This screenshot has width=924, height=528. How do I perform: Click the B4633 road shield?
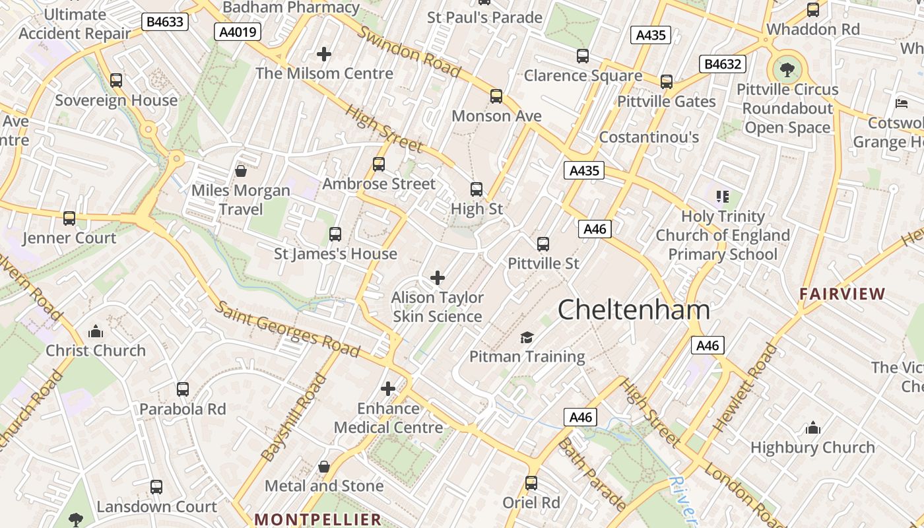click(x=165, y=22)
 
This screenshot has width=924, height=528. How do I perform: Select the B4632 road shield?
click(x=723, y=64)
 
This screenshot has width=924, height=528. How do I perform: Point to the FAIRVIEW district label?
click(x=842, y=294)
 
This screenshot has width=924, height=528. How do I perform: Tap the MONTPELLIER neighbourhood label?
click(x=318, y=519)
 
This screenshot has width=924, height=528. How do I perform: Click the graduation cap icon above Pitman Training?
click(x=527, y=338)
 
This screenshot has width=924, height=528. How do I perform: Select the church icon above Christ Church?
click(x=96, y=331)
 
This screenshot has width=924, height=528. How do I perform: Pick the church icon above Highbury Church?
click(x=813, y=428)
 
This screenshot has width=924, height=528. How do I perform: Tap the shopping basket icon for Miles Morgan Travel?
click(x=241, y=171)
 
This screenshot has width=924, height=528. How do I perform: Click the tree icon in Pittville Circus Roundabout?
click(x=787, y=69)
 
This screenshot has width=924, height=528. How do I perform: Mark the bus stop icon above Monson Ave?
click(x=496, y=96)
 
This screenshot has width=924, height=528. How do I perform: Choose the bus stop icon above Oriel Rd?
click(x=531, y=483)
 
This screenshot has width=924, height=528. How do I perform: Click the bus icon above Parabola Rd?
click(x=183, y=389)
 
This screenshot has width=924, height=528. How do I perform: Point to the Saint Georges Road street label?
click(x=288, y=328)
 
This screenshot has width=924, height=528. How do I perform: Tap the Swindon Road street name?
click(x=409, y=51)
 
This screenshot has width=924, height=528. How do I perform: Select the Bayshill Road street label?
click(x=294, y=417)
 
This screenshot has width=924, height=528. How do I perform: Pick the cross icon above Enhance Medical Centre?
click(x=388, y=389)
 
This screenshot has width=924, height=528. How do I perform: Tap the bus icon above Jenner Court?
click(x=69, y=218)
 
